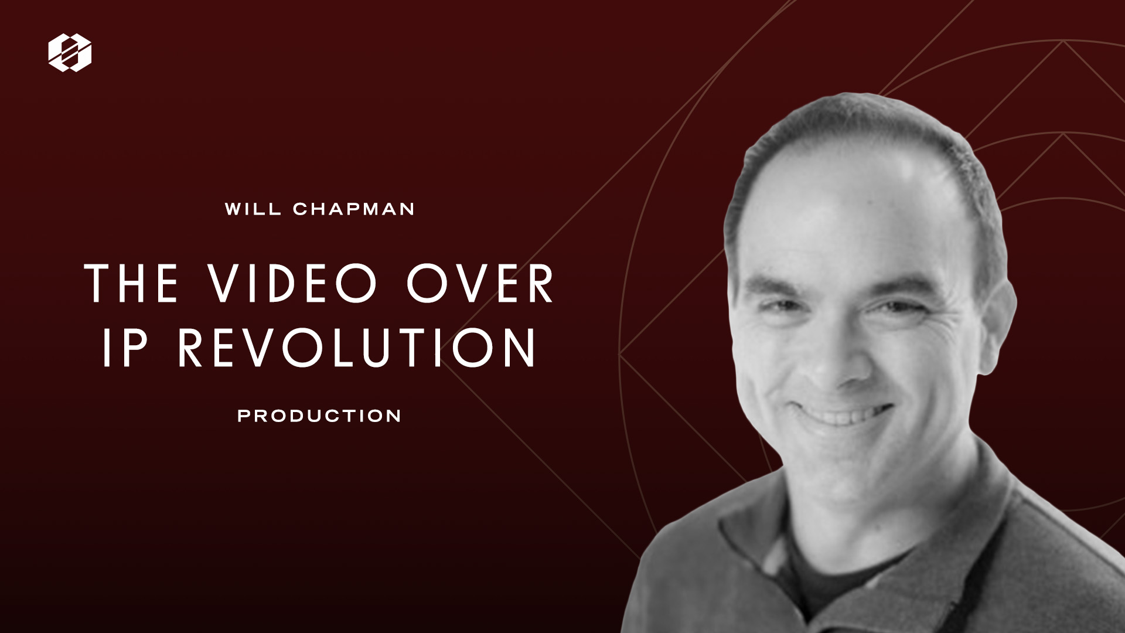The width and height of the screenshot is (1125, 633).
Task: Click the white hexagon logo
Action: point(70,53)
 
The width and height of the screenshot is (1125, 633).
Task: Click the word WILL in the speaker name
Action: point(251,209)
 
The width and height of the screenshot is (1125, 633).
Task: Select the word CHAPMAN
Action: point(354,209)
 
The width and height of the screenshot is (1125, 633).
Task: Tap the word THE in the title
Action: point(131,284)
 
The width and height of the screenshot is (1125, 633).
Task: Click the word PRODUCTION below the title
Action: point(319,416)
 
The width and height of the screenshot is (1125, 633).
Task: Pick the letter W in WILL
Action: point(234,209)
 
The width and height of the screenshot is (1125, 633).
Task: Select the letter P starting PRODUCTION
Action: point(243,416)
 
